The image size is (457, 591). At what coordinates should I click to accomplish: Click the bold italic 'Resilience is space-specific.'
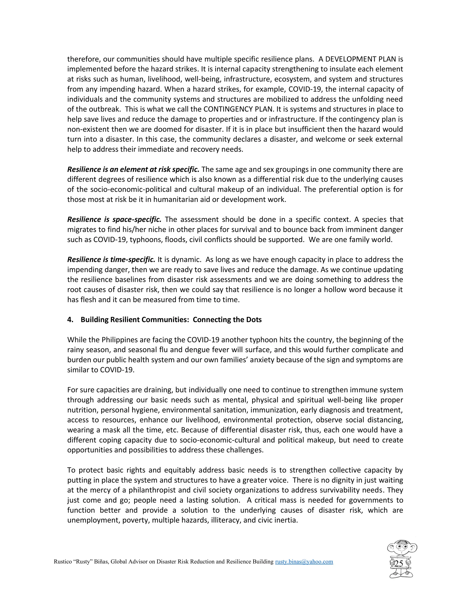click(x=114, y=219)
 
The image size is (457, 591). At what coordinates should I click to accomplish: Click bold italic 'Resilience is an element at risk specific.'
click(x=133, y=169)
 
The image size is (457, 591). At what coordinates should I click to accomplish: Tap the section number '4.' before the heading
click(x=70, y=320)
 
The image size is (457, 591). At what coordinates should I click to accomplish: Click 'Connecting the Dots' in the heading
click(x=227, y=320)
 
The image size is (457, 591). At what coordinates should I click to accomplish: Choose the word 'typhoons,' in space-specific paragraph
click(x=144, y=240)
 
